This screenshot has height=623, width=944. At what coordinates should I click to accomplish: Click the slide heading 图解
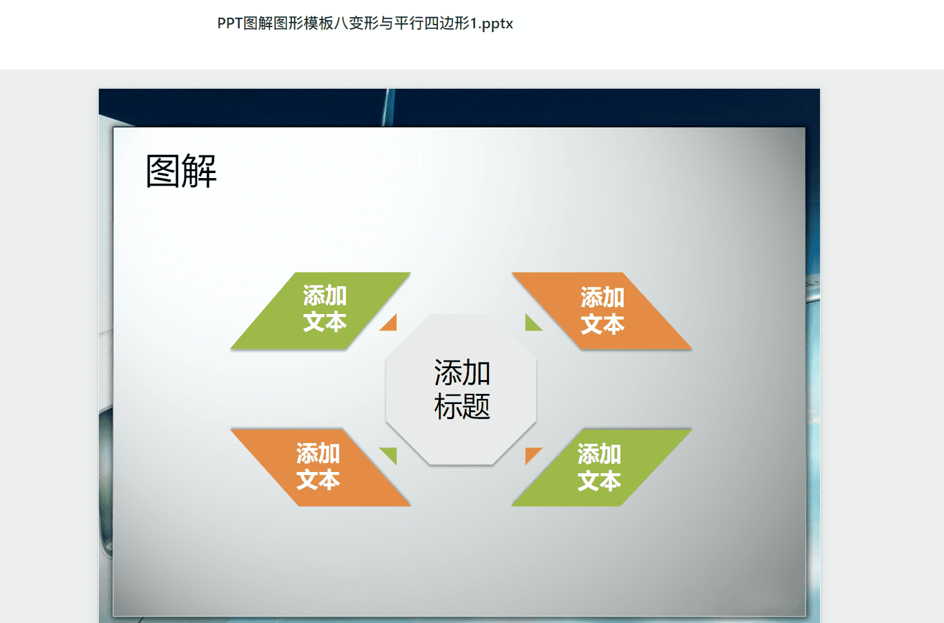click(181, 171)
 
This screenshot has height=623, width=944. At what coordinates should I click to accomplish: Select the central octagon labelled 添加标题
click(461, 390)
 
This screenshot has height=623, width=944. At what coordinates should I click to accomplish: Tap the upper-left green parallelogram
click(321, 311)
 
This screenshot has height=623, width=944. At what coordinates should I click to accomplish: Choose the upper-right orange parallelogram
click(602, 311)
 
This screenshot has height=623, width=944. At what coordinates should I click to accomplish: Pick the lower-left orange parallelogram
click(321, 468)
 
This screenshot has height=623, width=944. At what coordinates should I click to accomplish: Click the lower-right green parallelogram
click(602, 468)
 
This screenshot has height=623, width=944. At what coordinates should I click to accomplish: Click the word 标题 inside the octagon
click(463, 407)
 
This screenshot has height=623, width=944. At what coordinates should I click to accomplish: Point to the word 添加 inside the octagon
click(463, 373)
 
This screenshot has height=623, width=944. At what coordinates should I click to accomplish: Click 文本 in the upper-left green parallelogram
click(325, 322)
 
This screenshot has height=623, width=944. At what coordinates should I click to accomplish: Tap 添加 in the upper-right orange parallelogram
click(603, 298)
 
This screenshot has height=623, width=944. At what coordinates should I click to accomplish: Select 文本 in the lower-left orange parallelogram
click(318, 480)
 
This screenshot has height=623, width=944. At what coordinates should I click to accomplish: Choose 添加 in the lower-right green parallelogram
click(599, 454)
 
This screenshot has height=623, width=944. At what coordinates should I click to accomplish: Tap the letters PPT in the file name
click(230, 23)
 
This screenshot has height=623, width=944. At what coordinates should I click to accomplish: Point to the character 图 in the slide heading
click(163, 171)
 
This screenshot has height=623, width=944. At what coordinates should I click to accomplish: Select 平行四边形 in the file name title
click(432, 23)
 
